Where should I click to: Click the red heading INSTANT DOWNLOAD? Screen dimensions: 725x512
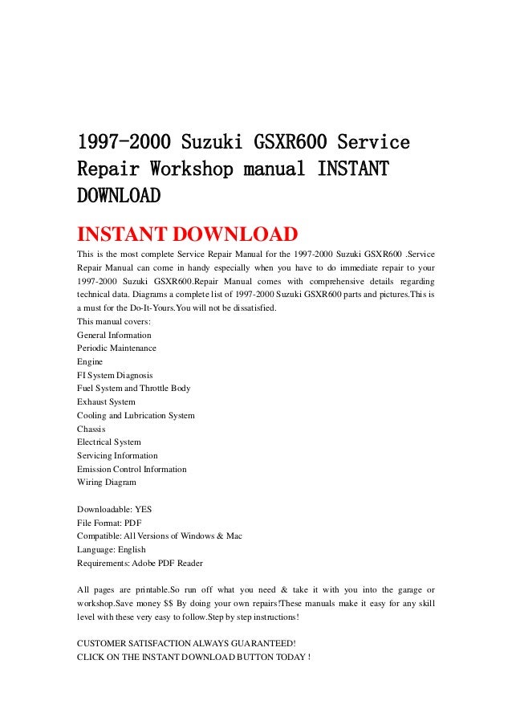coord(187,234)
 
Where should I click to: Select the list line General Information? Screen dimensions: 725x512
coord(114,335)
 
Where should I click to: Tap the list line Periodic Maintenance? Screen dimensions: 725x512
coord(116,348)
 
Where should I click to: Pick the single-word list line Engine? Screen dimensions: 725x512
coord(90,362)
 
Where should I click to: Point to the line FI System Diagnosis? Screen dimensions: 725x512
coord(115,375)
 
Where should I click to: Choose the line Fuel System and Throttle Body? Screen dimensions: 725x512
coord(134,389)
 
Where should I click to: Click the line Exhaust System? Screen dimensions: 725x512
coord(106,401)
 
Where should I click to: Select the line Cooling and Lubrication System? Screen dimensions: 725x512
coord(136,415)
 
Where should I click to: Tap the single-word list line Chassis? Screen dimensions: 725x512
coord(91,429)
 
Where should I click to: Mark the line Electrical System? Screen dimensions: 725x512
coord(109,442)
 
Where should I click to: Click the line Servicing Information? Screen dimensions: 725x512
coord(117,455)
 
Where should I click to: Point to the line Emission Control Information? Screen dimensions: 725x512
coord(132,469)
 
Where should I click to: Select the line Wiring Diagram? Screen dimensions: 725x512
coord(107,483)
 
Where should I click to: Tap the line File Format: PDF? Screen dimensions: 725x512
coord(109,523)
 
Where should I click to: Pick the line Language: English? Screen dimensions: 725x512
coord(112,550)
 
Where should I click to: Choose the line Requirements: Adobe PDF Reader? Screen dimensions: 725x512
coord(140,563)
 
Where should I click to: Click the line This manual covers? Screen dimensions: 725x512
coord(109,322)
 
